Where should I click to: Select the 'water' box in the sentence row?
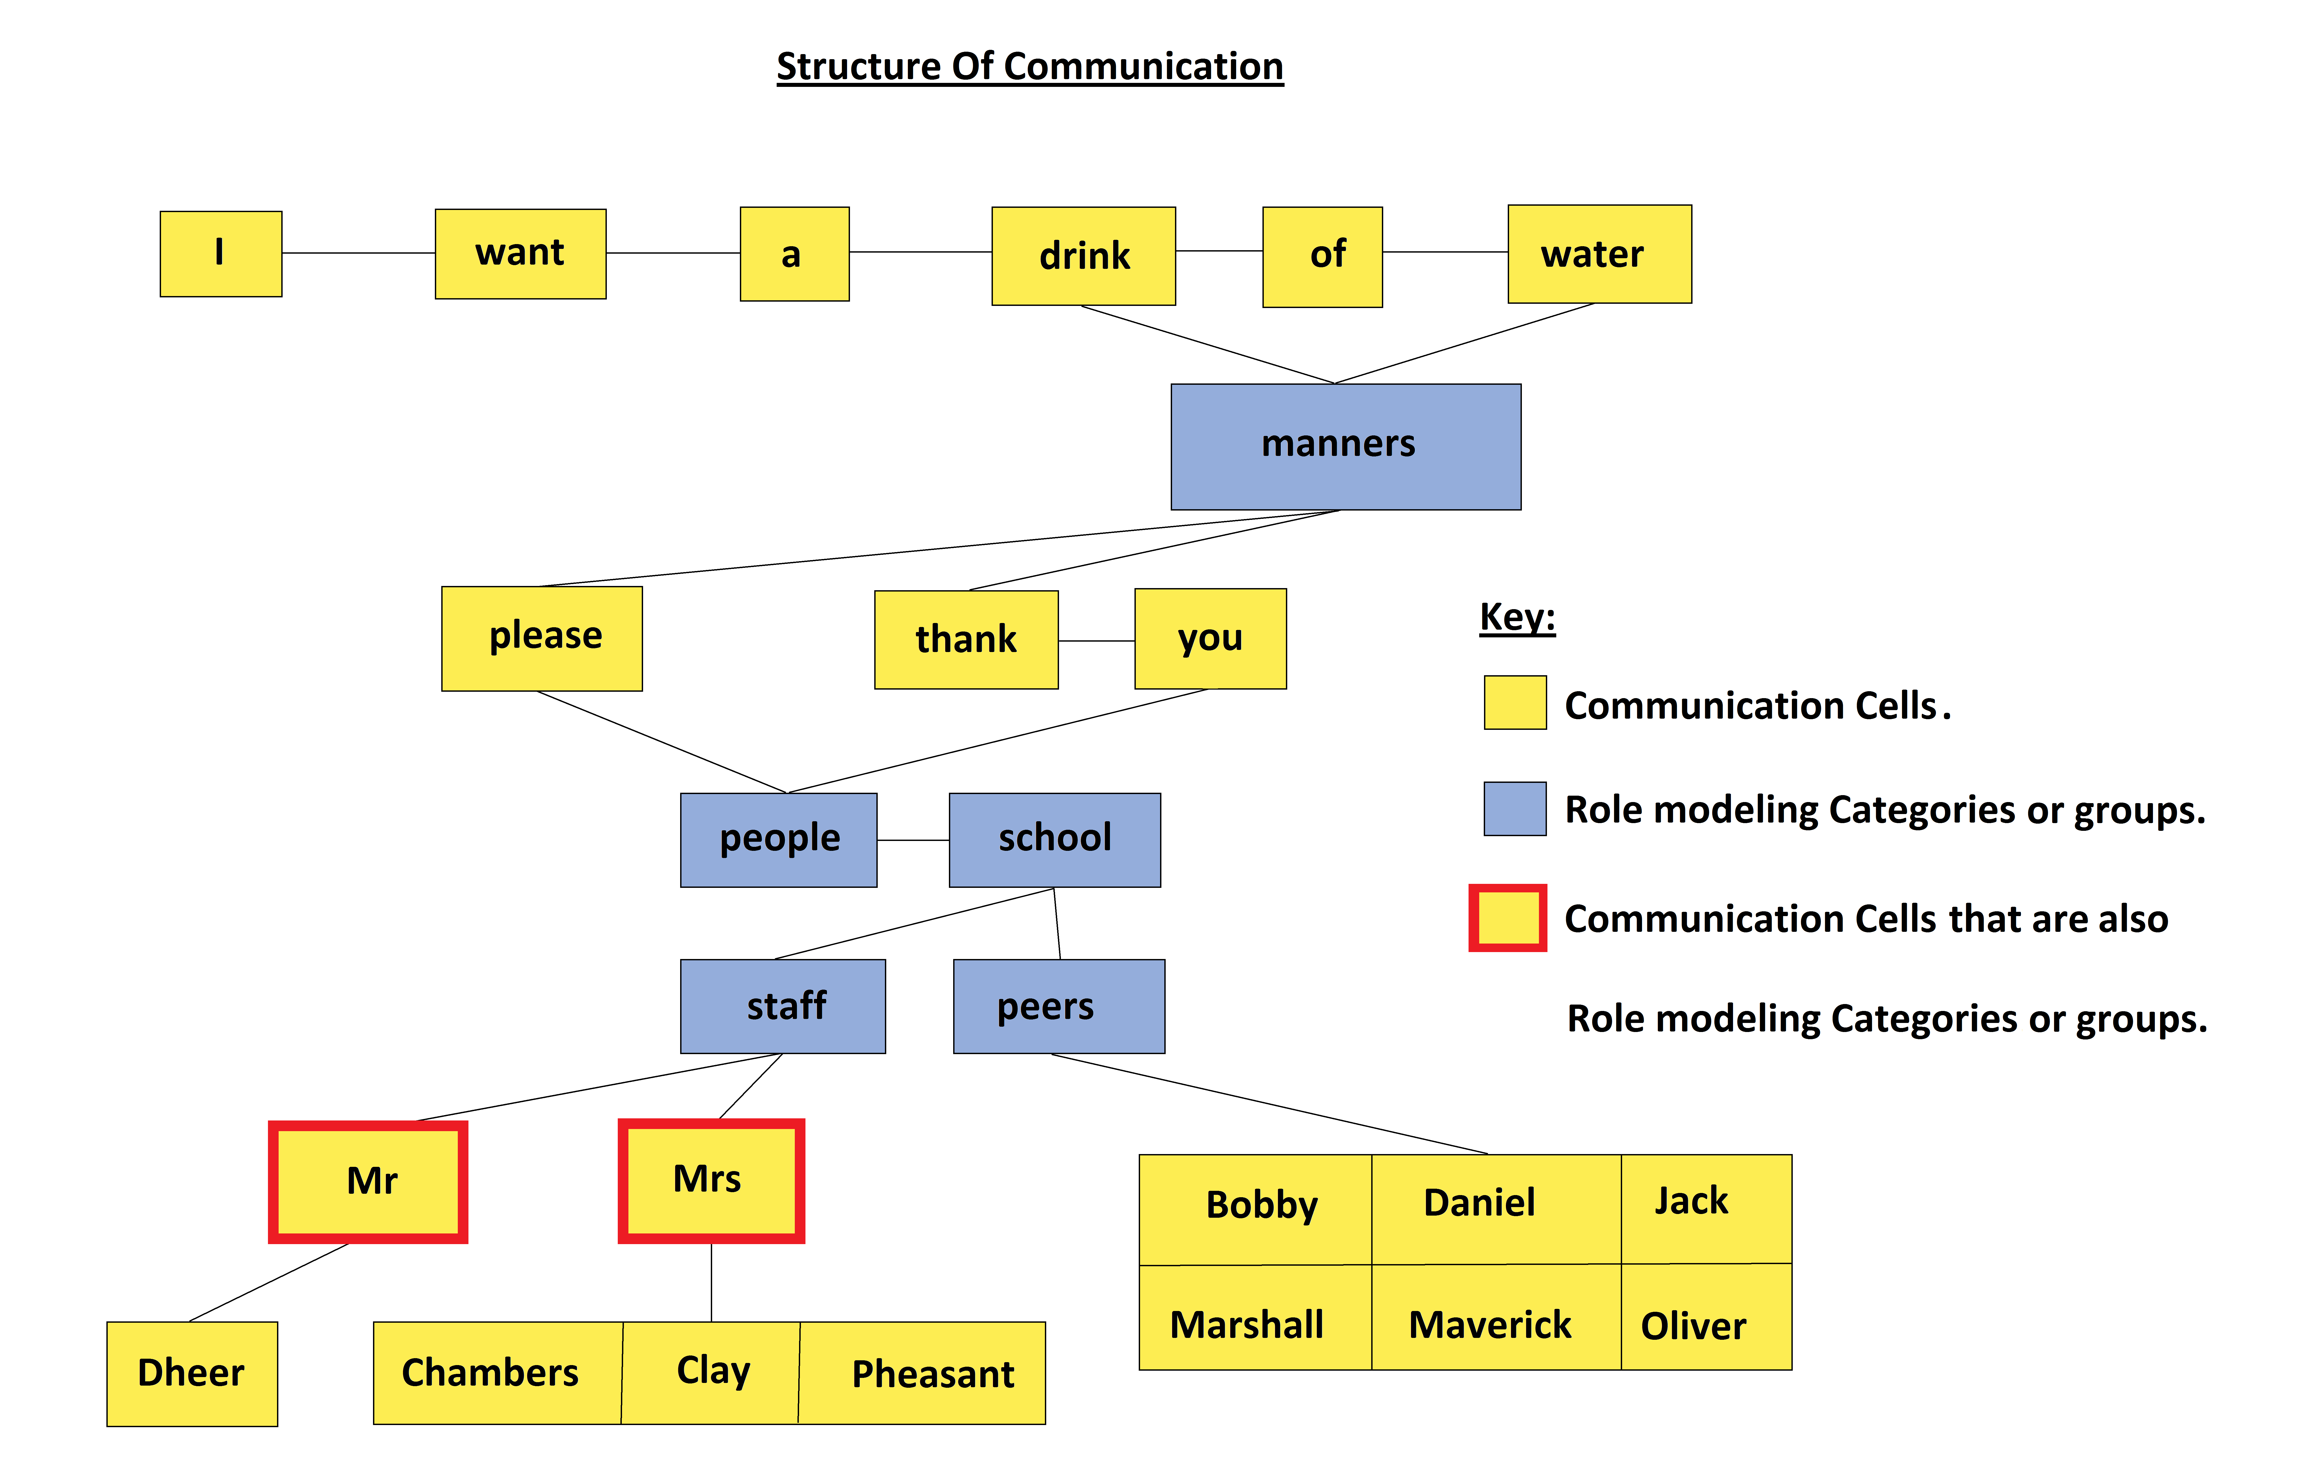point(1599,254)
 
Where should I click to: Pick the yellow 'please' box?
point(542,638)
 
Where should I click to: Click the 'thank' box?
point(966,640)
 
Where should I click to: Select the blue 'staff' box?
point(783,1006)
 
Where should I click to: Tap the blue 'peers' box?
point(1058,1006)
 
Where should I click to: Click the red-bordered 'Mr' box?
point(368,1181)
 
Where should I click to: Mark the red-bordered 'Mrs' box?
point(711,1180)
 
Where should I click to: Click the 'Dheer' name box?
point(192,1373)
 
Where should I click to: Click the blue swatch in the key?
point(1515,808)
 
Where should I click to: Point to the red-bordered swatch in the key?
point(1507,918)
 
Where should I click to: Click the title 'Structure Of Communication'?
point(1029,67)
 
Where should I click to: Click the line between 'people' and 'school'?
point(912,840)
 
